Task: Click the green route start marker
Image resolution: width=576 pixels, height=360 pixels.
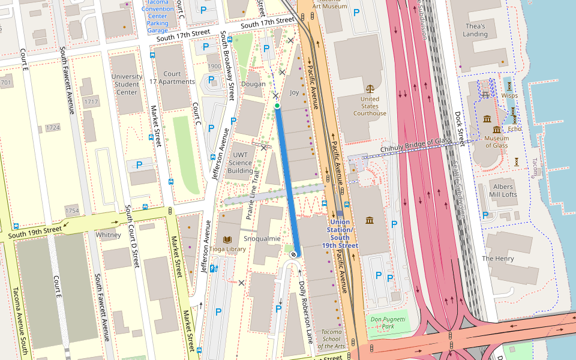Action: [277, 106]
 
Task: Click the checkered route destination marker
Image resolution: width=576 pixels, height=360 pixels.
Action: [293, 254]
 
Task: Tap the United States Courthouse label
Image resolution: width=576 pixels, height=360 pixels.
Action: [370, 106]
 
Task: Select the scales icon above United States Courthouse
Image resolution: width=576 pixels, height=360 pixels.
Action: [370, 88]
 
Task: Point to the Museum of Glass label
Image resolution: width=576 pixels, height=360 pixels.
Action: [496, 142]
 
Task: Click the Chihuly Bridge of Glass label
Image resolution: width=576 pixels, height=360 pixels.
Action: [416, 145]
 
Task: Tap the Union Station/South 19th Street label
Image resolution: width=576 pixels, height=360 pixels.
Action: [340, 234]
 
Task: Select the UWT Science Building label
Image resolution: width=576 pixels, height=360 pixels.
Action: [241, 163]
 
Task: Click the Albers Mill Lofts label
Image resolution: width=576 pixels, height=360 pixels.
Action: [502, 191]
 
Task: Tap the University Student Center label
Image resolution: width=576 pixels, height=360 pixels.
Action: [127, 85]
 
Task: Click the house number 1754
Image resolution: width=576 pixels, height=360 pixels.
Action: [72, 211]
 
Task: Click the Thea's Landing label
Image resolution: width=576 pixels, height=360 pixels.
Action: [475, 30]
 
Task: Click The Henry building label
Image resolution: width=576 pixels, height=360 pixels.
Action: [497, 259]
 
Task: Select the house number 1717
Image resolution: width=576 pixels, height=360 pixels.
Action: [91, 102]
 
